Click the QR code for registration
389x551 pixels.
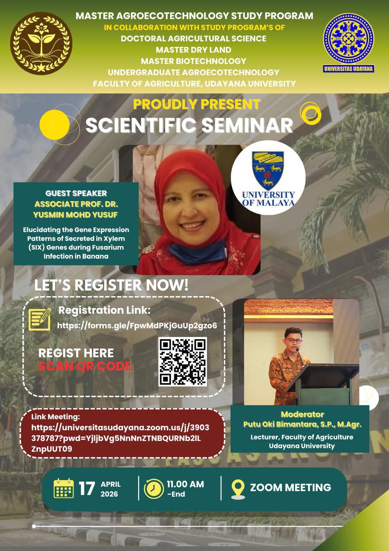pos(182,362)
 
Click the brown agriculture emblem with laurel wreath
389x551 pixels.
pos(41,43)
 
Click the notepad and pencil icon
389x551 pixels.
pos(40,319)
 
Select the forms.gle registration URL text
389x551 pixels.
pos(137,325)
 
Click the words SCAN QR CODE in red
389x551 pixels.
pos(85,366)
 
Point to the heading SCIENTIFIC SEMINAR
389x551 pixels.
pos(189,125)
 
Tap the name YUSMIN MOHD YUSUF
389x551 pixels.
pos(76,215)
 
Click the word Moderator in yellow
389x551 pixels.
pos(302,414)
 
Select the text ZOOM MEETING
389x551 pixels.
pos(290,487)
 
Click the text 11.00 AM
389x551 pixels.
pos(185,484)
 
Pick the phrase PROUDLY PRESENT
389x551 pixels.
pos(197,104)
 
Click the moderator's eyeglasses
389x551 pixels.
pos(294,341)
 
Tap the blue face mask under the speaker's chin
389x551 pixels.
pos(197,251)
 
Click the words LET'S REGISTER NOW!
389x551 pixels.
pos(111,285)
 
